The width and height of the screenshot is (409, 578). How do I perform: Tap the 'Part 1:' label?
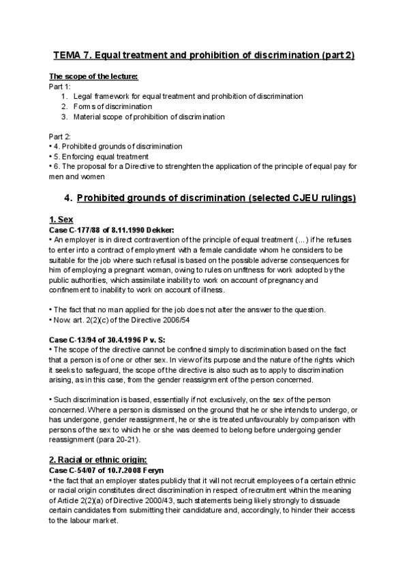point(59,87)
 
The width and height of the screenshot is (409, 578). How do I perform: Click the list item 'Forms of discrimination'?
point(112,106)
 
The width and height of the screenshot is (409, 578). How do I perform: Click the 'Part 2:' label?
point(60,136)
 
